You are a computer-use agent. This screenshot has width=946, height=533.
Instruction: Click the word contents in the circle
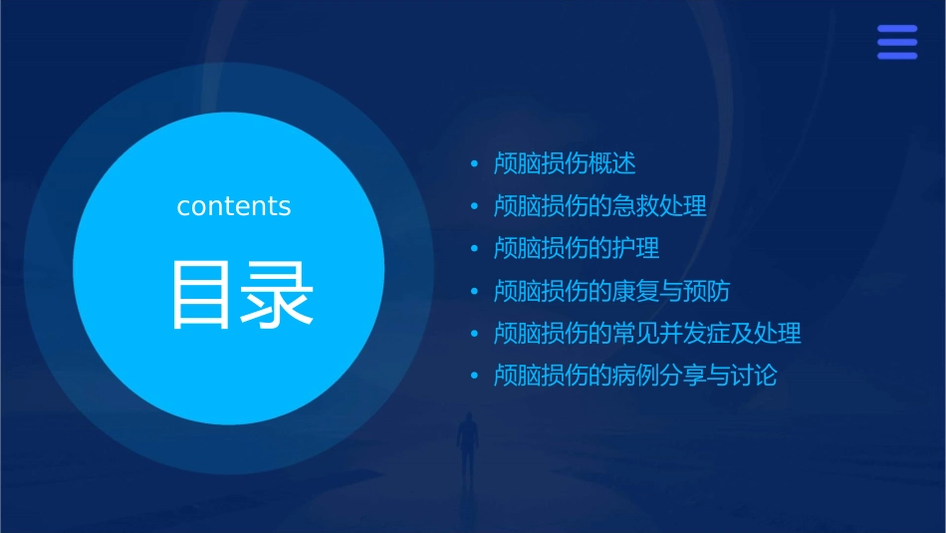[234, 206]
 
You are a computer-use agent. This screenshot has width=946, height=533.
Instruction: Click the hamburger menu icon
[897, 43]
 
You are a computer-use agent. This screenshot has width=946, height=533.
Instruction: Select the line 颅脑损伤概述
[565, 163]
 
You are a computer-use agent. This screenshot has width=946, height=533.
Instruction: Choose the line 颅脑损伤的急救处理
[600, 206]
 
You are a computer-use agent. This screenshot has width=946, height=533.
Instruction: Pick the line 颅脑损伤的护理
[577, 248]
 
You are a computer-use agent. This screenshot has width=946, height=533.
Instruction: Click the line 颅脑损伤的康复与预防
[612, 291]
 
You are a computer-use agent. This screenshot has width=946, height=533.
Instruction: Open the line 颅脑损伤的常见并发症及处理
[647, 333]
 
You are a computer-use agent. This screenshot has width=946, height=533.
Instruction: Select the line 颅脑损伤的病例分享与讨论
[635, 376]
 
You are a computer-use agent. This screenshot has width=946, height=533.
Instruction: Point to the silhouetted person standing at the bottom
[466, 442]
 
